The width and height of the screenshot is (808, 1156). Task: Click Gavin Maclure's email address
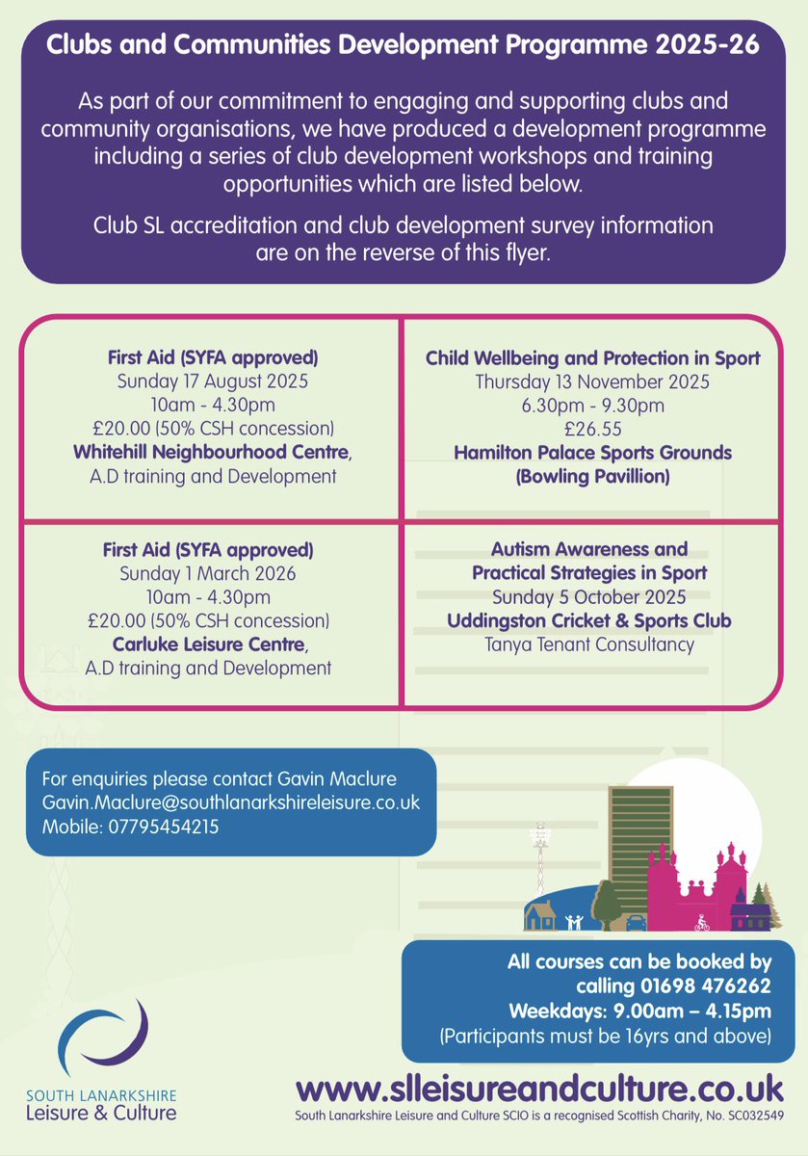coord(230,802)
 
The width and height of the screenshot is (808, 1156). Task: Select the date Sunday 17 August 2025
coord(209,381)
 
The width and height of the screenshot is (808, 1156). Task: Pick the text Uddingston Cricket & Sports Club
coord(589,621)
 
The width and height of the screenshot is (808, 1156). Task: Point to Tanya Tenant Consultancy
coord(589,644)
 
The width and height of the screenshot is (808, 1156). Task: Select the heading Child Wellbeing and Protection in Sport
coord(592,358)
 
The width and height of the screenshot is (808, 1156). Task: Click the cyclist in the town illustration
coord(702,922)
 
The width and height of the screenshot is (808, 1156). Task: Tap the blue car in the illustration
coord(636,923)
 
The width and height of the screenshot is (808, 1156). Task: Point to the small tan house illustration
coord(540,916)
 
